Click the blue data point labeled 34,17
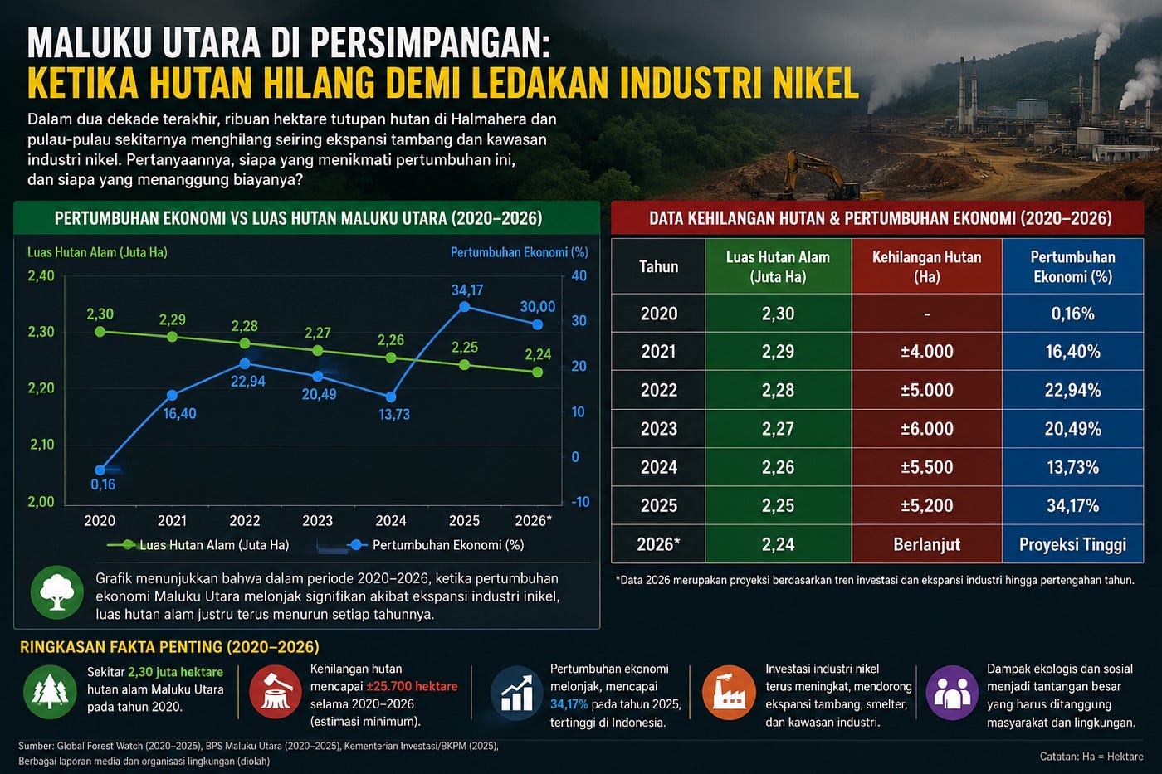point(465,307)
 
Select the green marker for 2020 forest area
point(100,332)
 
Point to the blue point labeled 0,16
point(100,470)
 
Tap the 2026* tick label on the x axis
point(533,520)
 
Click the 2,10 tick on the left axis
point(42,445)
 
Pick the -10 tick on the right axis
point(580,502)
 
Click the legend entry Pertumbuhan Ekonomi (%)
point(437,545)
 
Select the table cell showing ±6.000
point(926,429)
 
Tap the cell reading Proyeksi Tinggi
point(1072,544)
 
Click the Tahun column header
point(658,266)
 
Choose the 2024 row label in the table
point(659,467)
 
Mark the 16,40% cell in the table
point(1072,352)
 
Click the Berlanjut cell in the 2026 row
point(926,544)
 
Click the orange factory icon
point(729,693)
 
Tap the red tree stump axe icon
point(276,692)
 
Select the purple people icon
point(952,693)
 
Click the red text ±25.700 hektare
point(412,686)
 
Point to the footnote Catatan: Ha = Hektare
point(1091,757)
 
